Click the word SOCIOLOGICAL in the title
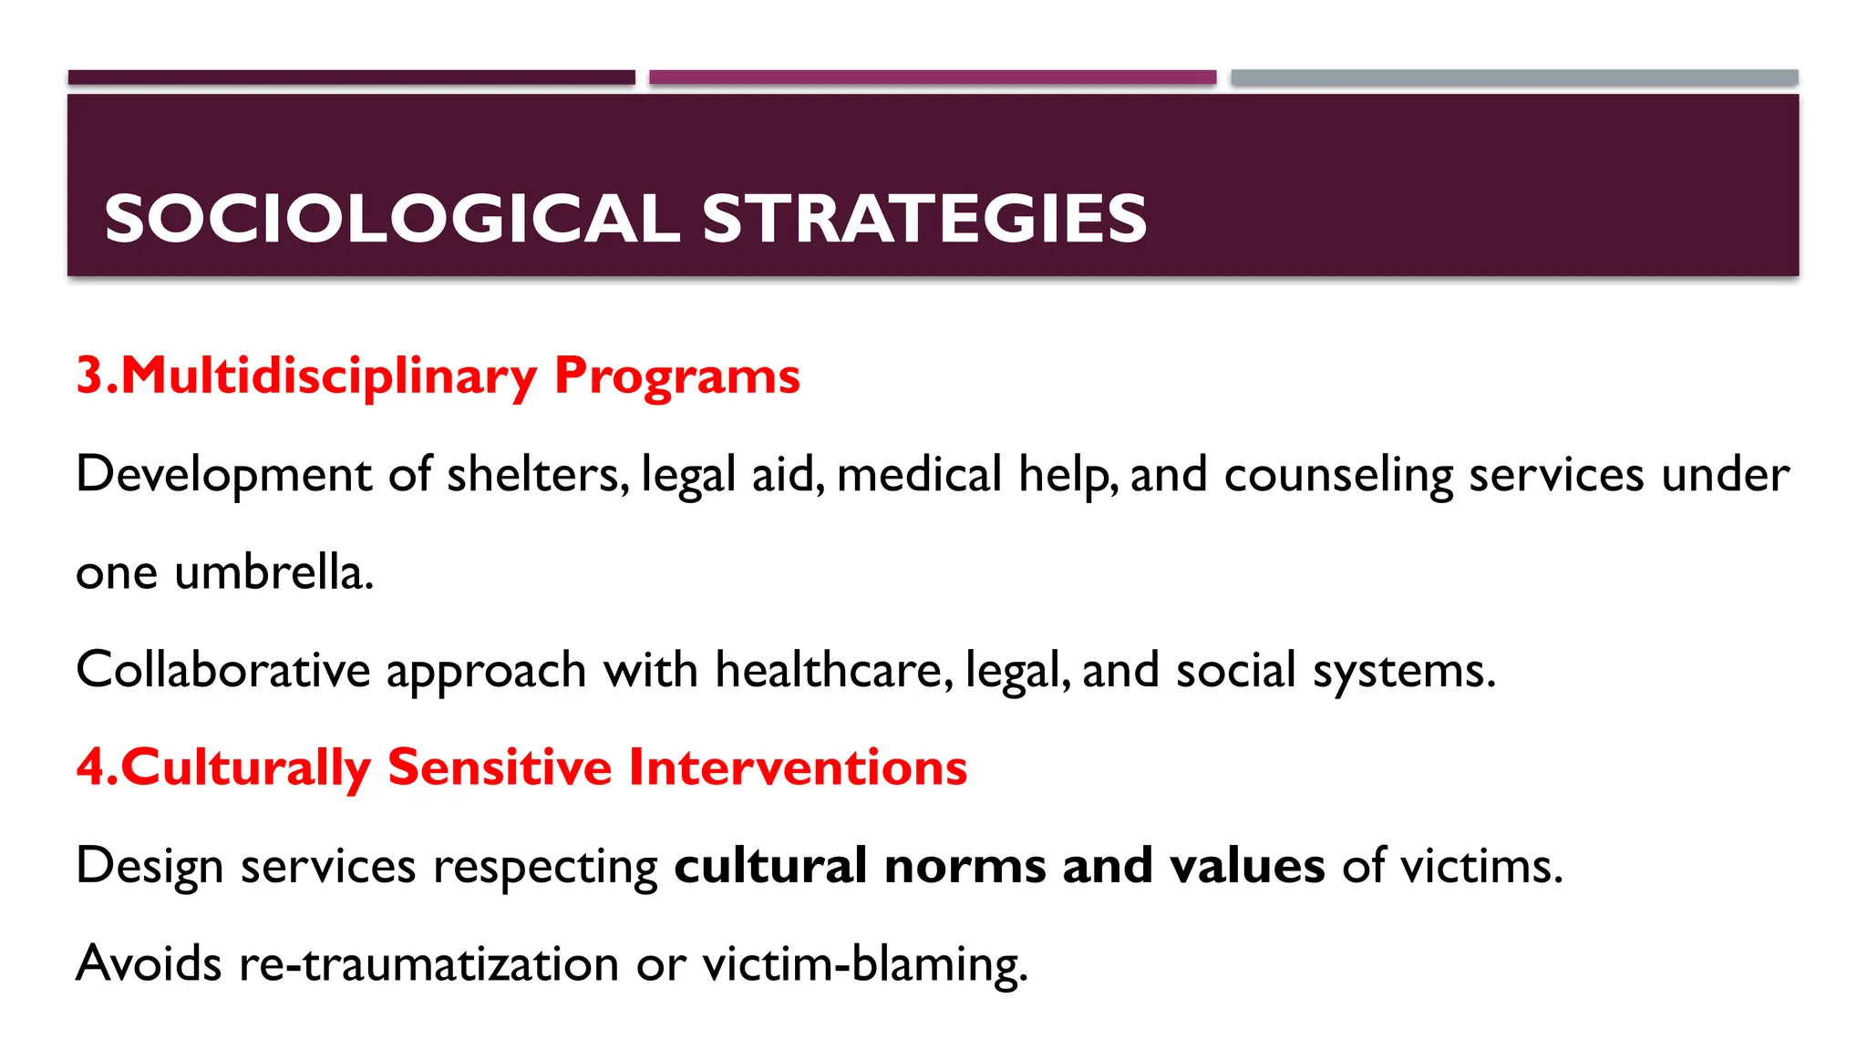tap(392, 219)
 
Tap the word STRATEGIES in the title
tap(924, 219)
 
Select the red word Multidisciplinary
tap(328, 376)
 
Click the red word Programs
tap(676, 376)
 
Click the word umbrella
tap(273, 572)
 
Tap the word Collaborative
tap(223, 670)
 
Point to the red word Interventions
tap(798, 767)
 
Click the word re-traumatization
tap(428, 963)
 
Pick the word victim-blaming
tap(864, 963)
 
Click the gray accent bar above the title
tap(1514, 77)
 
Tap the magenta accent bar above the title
tap(933, 77)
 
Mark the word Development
tap(224, 475)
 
